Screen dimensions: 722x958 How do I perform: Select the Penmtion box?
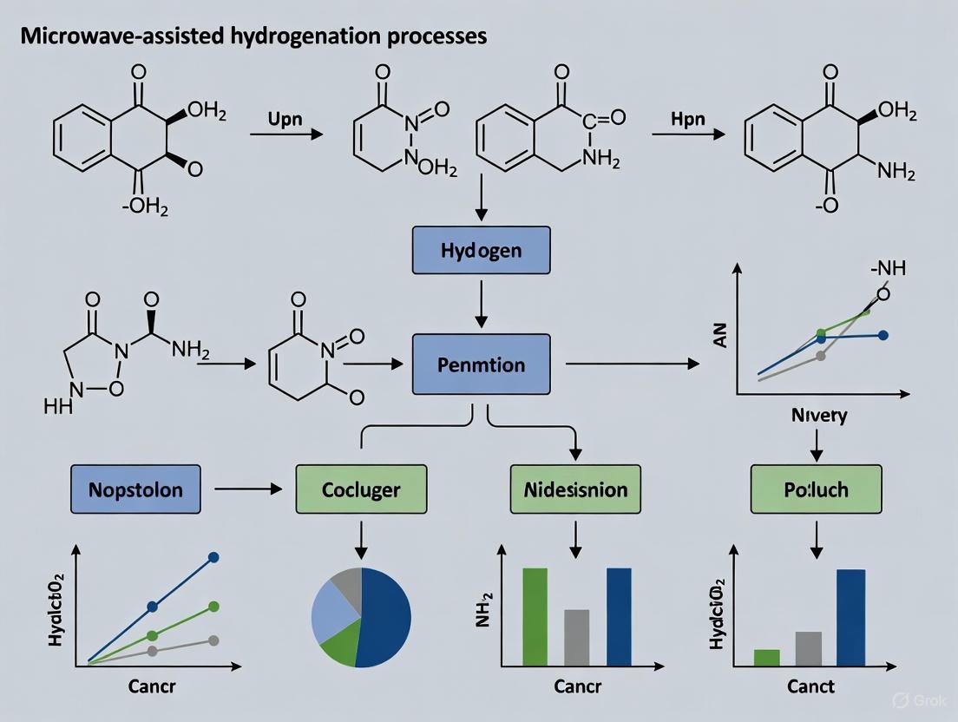coord(482,364)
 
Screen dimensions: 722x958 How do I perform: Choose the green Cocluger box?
coord(361,489)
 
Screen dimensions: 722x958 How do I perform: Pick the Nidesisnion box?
coord(575,489)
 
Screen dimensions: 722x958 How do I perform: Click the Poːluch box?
coord(816,489)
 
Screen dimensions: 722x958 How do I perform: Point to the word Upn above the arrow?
coord(285,120)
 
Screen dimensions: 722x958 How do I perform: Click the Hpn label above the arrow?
coord(688,120)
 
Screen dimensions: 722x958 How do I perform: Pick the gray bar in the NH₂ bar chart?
coord(576,637)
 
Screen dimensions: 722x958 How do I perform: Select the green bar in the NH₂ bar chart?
coord(535,616)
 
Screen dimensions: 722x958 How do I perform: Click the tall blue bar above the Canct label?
coord(850,617)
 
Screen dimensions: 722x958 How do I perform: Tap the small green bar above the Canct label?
coord(767,657)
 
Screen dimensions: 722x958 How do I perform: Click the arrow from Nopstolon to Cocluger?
coord(248,489)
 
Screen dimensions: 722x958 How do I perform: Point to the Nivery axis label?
coord(818,416)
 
